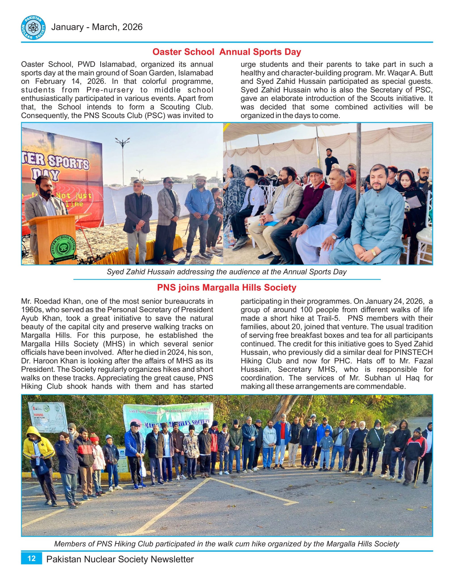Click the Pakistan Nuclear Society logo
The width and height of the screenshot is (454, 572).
[33, 27]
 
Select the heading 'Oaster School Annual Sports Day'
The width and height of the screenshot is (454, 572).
[226, 52]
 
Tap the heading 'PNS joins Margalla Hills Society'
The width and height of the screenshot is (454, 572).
[226, 287]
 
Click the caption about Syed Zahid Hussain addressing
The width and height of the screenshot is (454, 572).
[226, 272]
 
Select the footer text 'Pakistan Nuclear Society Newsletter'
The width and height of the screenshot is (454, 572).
[120, 559]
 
